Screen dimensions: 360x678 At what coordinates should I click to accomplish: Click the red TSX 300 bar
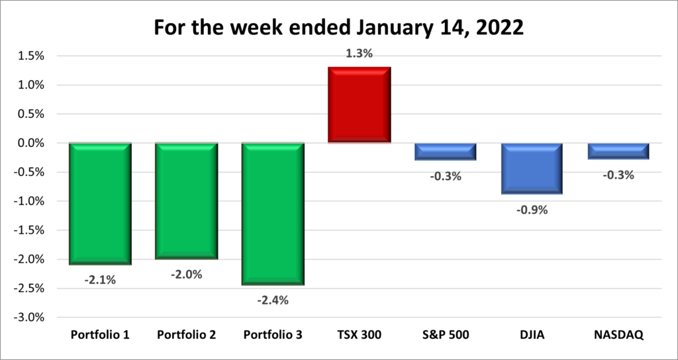(360, 105)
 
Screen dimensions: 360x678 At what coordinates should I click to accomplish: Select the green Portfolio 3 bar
(273, 213)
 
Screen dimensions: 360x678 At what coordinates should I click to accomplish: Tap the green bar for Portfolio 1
(100, 203)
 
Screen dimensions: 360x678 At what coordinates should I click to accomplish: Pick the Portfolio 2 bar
(187, 201)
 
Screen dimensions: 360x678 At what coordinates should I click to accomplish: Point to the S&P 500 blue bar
(446, 151)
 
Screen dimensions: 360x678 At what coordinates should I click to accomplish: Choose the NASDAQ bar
(618, 150)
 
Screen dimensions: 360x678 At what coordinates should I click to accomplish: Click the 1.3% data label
(360, 54)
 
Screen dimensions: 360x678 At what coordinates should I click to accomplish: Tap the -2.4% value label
(273, 300)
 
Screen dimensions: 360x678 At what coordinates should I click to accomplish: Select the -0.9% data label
(532, 210)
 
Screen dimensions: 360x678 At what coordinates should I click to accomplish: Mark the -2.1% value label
(100, 280)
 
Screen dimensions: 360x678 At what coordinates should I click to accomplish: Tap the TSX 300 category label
(359, 335)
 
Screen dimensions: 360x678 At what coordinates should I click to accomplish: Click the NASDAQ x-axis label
(618, 335)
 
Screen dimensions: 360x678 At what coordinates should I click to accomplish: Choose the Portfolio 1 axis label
(100, 335)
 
